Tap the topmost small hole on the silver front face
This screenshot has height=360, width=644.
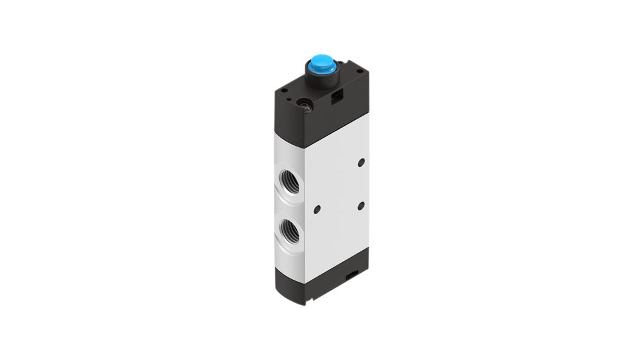[361, 163]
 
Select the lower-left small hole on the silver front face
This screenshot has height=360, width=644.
[317, 209]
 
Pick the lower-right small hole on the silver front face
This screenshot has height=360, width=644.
[361, 206]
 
